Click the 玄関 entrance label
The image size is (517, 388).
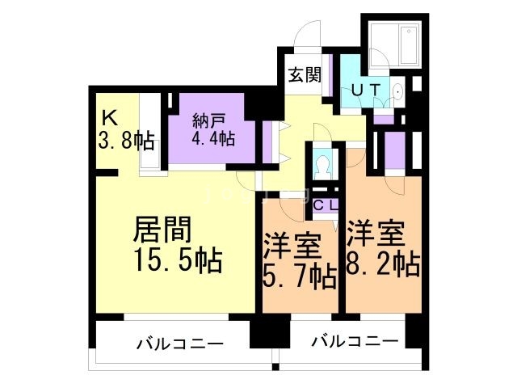305,75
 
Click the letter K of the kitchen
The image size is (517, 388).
108,118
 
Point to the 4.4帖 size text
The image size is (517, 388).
212,138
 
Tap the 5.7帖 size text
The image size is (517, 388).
301,277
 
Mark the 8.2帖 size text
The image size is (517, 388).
384,264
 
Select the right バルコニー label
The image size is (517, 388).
355,341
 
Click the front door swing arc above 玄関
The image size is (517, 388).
307,36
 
